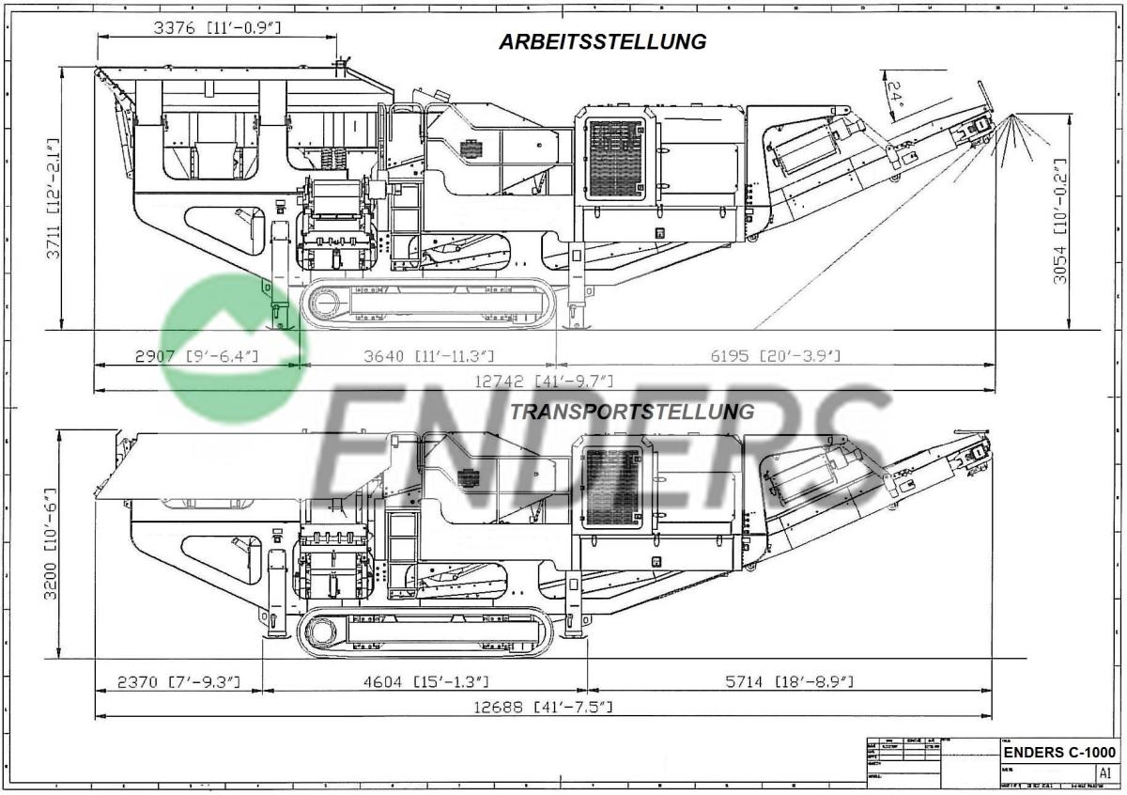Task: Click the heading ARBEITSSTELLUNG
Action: point(602,42)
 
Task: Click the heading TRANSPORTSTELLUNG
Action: point(631,412)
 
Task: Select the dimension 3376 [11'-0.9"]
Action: point(217,27)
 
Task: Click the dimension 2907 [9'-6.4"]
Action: point(196,356)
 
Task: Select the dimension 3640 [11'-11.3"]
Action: point(428,356)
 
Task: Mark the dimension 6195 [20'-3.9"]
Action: point(776,356)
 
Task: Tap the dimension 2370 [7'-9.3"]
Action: point(179,681)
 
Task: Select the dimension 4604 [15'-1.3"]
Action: point(425,681)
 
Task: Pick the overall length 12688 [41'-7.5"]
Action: point(544,707)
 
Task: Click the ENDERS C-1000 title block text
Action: point(1059,753)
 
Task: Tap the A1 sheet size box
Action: point(1104,772)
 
